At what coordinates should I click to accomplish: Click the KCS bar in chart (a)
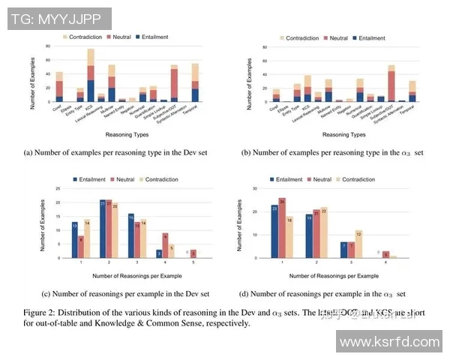pyautogui.click(x=91, y=75)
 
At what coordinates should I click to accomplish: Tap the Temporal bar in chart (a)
pyautogui.click(x=195, y=82)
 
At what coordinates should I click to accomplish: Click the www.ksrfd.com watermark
pyautogui.click(x=391, y=343)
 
